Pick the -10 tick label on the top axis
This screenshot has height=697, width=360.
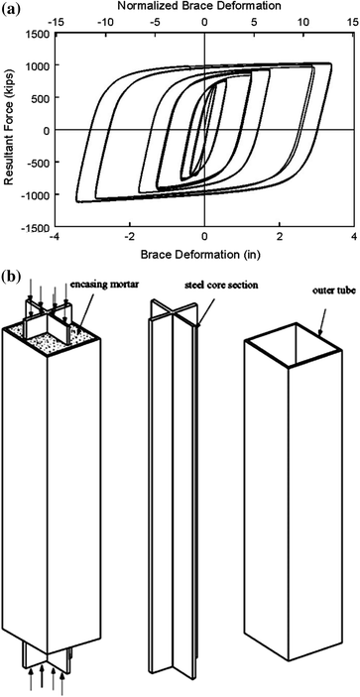coord(105,19)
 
